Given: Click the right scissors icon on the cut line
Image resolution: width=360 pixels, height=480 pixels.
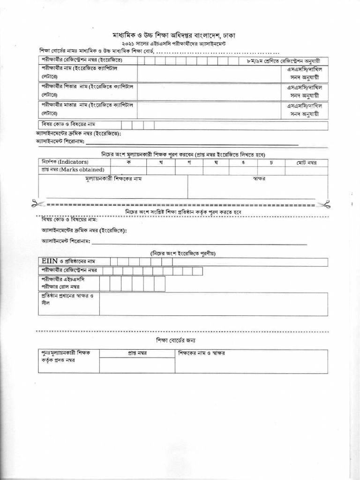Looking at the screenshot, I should coord(325,204).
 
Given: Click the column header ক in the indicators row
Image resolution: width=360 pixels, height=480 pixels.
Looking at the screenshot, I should coord(128,162).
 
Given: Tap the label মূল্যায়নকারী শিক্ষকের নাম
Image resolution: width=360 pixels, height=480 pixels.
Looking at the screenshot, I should coord(113,179).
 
